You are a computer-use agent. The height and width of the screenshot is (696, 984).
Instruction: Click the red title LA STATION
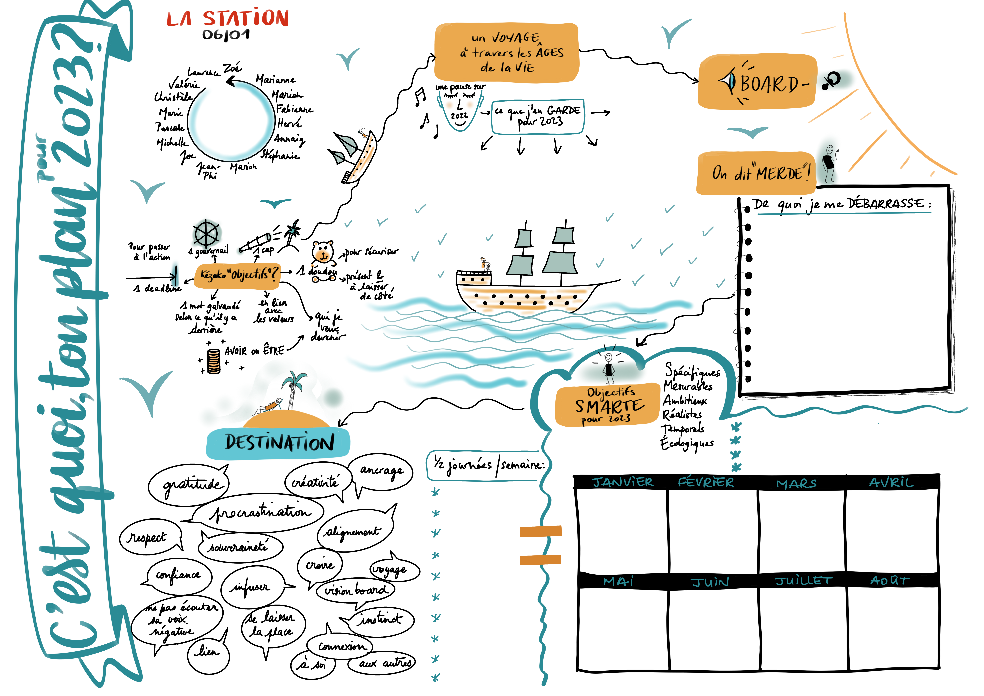pos(228,18)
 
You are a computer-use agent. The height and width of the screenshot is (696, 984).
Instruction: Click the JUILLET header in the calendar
pos(804,581)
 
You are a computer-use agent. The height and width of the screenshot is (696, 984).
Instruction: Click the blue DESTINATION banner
pos(278,443)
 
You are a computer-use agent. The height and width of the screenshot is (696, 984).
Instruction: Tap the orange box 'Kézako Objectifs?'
pos(238,274)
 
